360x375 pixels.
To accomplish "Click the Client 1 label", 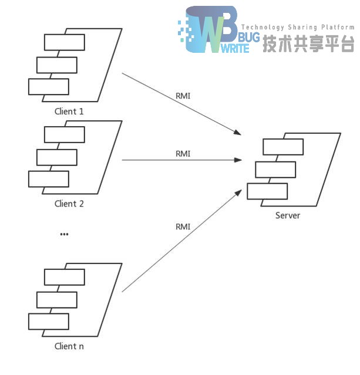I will point(69,111).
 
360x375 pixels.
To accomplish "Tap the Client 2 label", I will point(69,204).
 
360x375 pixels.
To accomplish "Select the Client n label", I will point(69,346).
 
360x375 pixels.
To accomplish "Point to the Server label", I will point(288,215).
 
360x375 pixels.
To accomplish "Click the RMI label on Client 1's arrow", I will point(183,96).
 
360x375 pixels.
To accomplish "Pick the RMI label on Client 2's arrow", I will point(183,154).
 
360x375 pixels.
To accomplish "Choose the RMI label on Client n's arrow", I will point(183,227).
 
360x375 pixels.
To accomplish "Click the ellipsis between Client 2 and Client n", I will point(64,234).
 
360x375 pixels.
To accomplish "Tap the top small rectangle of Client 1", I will point(65,42).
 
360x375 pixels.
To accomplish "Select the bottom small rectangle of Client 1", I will point(49,86).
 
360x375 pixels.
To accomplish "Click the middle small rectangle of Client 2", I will point(57,157).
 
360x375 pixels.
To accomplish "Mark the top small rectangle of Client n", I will point(65,277).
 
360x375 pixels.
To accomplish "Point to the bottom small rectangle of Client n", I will point(49,321).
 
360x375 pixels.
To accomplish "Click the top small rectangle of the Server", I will point(283,146).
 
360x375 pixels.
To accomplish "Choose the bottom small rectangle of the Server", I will point(267,191).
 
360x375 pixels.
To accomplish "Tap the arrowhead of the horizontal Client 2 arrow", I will point(239,160).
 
